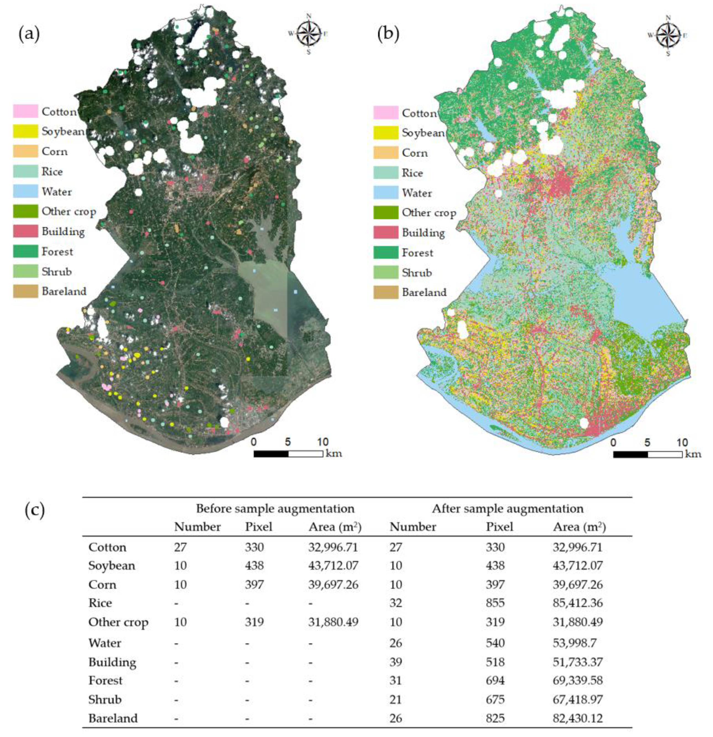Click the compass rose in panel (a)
[x=309, y=34]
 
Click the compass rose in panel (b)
[x=668, y=35]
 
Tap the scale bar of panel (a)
[x=288, y=454]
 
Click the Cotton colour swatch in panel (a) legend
[x=26, y=111]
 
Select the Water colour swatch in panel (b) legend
[x=386, y=193]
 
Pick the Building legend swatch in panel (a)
[x=26, y=231]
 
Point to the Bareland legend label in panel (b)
[x=424, y=293]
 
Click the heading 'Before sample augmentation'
[x=275, y=509]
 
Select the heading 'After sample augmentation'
[x=508, y=509]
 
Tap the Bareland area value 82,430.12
[x=578, y=718]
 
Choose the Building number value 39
[x=396, y=662]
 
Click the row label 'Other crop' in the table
[x=118, y=622]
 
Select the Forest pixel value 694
[x=495, y=681]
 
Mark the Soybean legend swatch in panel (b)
[x=386, y=133]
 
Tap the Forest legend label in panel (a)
[x=57, y=251]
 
